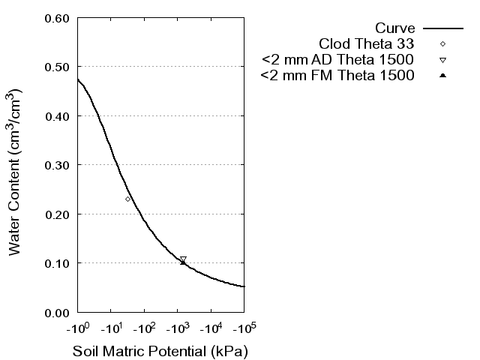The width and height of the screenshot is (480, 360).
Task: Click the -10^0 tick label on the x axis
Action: click(77, 328)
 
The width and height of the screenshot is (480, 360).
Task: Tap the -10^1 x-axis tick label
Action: click(110, 328)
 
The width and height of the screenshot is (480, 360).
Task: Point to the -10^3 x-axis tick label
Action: click(177, 328)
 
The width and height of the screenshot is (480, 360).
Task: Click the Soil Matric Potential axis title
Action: click(160, 351)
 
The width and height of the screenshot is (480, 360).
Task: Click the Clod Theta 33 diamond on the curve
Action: click(127, 199)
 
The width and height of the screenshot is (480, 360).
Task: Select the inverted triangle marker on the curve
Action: click(183, 259)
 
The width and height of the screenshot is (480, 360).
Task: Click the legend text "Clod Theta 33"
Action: click(367, 43)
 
